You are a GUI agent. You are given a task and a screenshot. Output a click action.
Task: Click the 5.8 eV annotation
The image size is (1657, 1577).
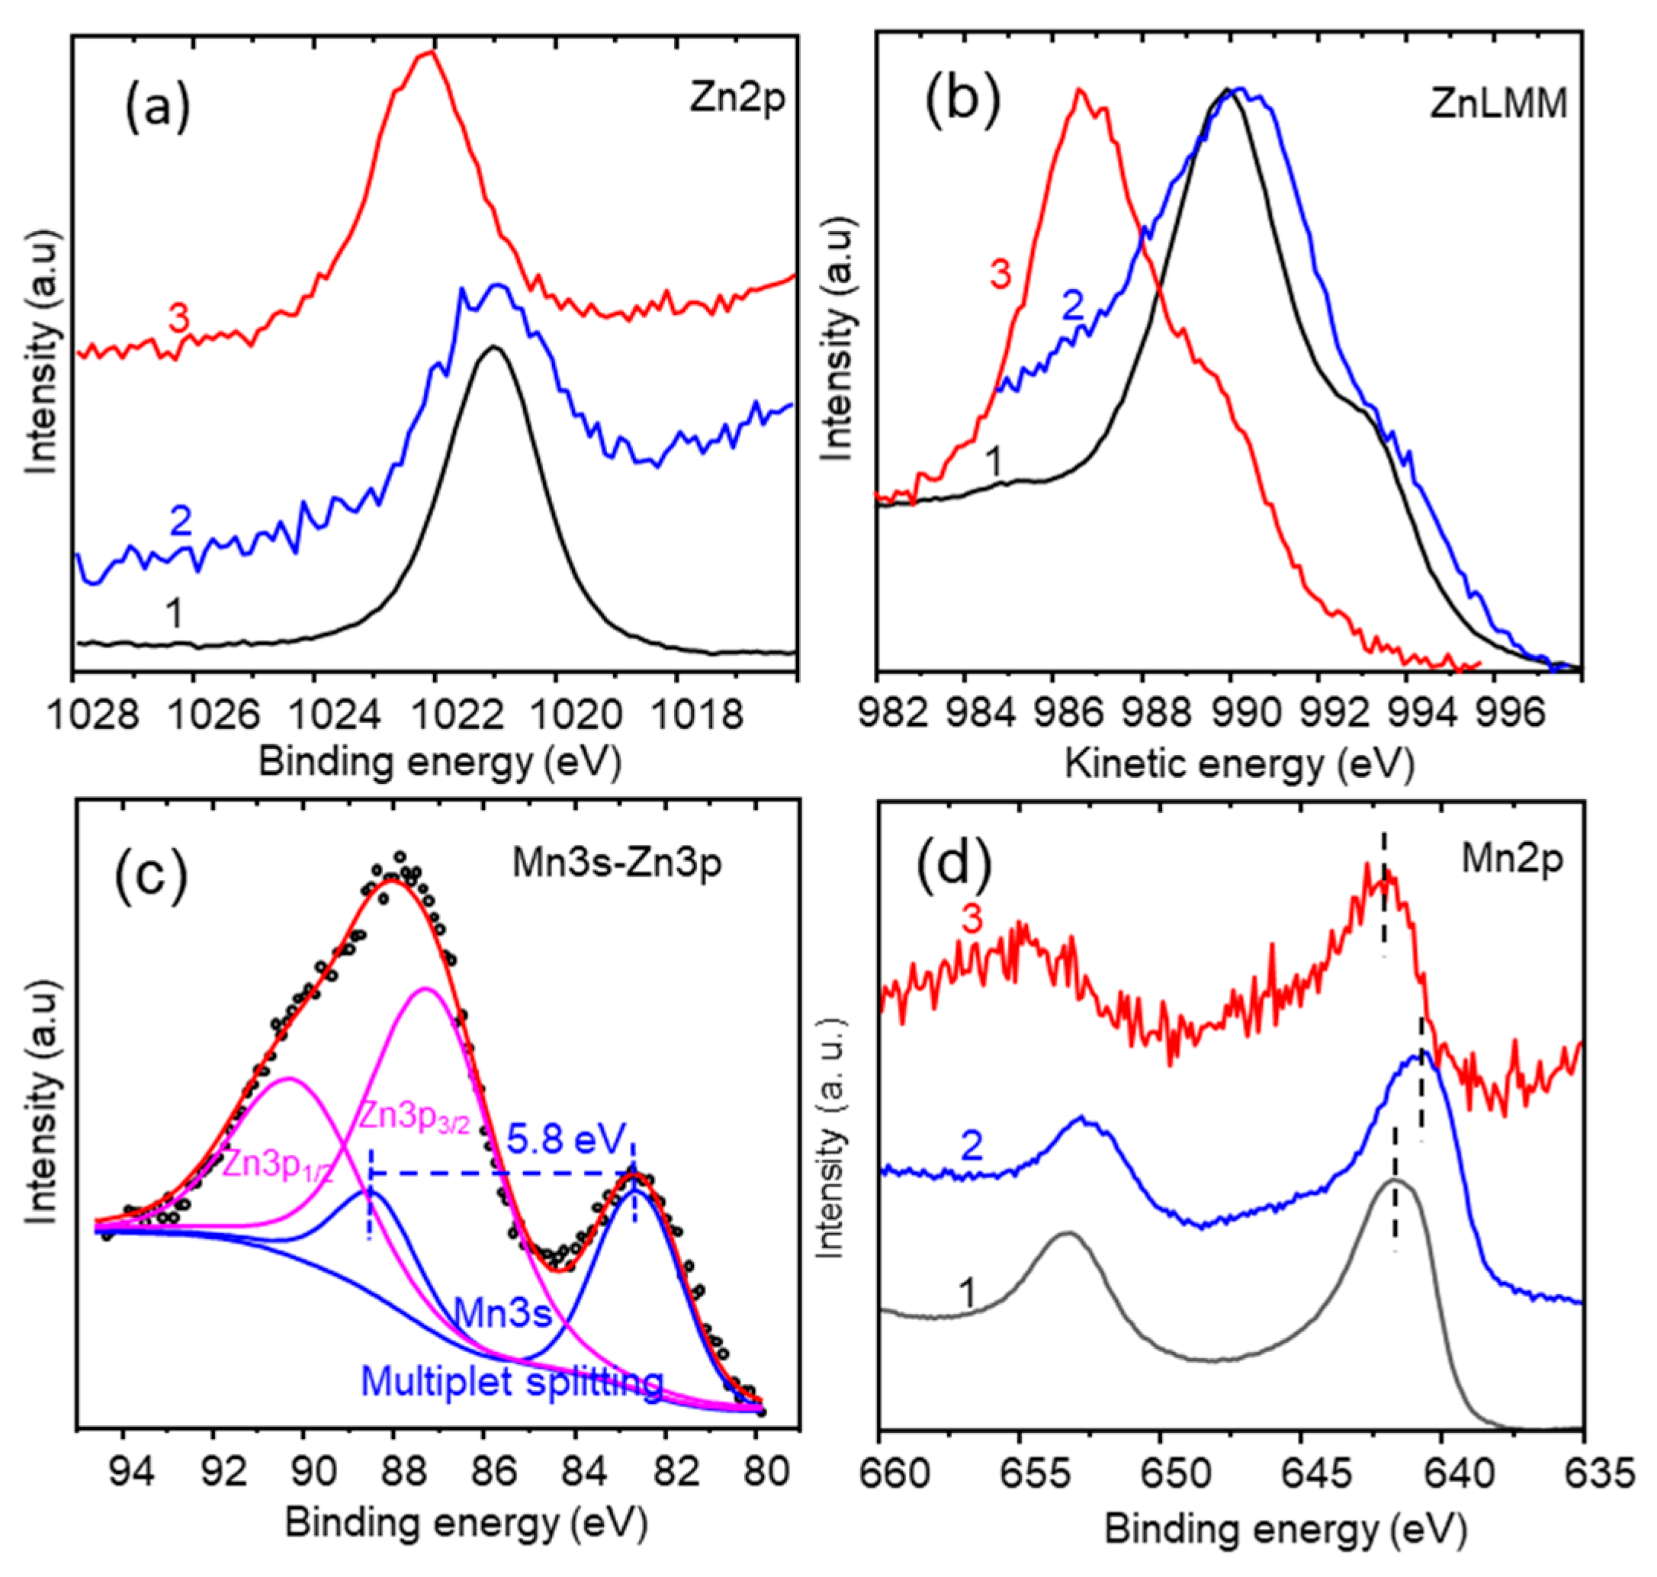pyautogui.click(x=568, y=1141)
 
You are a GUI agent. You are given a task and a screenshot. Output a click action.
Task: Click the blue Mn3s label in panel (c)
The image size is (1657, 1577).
pyautogui.click(x=502, y=1312)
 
